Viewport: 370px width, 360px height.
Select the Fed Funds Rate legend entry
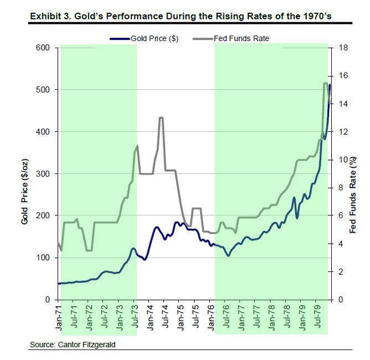[x=241, y=39]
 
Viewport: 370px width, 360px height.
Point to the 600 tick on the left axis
[x=44, y=48]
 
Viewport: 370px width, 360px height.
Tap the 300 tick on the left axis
[x=44, y=174]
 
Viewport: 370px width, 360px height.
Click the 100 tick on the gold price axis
[x=44, y=258]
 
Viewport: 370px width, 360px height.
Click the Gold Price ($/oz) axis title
[x=24, y=174]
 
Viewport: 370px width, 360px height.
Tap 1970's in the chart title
[x=316, y=16]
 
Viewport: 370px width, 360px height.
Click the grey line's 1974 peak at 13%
[x=161, y=117]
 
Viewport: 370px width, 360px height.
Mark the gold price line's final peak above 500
[x=330, y=85]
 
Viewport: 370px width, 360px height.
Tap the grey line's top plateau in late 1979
[x=325, y=83]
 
